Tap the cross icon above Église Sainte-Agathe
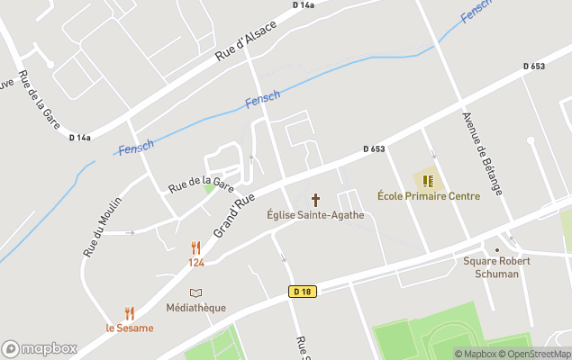click(x=315, y=199)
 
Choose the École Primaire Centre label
click(x=428, y=195)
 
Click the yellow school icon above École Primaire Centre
click(x=428, y=180)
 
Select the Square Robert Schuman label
click(x=497, y=267)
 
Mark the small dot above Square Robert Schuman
click(x=496, y=250)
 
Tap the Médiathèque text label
click(x=196, y=308)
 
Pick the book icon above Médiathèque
click(x=196, y=292)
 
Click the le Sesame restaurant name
click(x=130, y=328)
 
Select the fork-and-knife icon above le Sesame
click(x=130, y=313)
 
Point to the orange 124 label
click(x=196, y=262)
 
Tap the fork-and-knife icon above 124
click(x=196, y=247)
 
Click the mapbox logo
click(x=40, y=348)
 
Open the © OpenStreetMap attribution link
click(x=534, y=354)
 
